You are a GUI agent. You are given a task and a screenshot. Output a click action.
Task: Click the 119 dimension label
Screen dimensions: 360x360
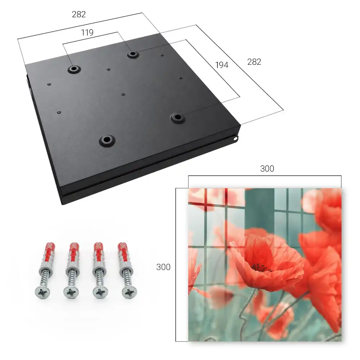(x=87, y=33)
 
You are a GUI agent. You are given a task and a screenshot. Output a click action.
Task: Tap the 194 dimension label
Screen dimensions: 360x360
(x=222, y=65)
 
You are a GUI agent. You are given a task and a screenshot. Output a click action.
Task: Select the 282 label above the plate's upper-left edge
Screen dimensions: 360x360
(x=79, y=14)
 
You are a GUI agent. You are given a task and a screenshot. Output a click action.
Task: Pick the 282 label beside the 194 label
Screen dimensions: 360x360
(x=254, y=62)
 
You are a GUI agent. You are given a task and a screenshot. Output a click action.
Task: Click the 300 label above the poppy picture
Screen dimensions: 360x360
(x=267, y=169)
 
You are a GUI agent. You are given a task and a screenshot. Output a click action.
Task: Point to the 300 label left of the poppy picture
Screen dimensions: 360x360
(x=163, y=267)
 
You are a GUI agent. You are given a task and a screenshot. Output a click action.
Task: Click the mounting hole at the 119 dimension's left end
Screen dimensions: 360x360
(x=74, y=69)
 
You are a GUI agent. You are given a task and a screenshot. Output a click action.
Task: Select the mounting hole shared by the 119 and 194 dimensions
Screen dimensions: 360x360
(x=132, y=54)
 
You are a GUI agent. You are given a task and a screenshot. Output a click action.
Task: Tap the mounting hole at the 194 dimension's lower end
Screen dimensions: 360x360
(x=177, y=117)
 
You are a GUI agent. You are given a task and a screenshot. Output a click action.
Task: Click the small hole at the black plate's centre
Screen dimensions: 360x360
(x=123, y=94)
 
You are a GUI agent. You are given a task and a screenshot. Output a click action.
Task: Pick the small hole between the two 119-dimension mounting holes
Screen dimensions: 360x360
(x=108, y=69)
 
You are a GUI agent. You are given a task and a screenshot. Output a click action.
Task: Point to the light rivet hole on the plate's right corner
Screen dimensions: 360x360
(x=235, y=139)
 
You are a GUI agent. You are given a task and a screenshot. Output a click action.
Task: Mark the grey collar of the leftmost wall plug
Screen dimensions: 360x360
(x=47, y=266)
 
